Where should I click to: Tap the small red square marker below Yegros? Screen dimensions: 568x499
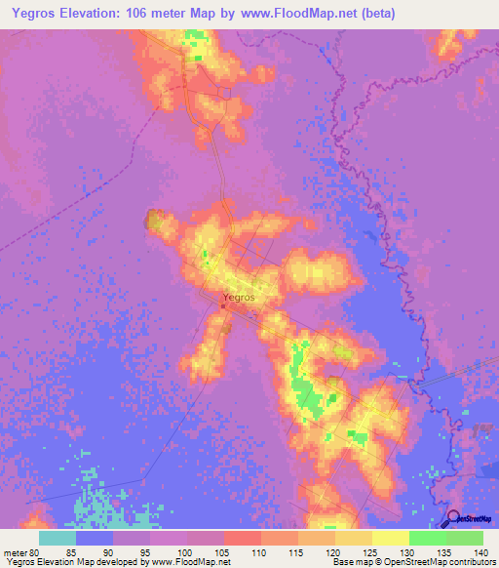point(222,309)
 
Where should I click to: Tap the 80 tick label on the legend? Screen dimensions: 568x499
point(37,551)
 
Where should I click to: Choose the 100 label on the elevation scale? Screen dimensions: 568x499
point(185,551)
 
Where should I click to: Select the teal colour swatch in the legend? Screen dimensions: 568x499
point(57,538)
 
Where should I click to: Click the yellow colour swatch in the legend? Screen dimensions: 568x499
point(390,538)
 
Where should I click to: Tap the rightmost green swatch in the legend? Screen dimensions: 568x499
point(464,538)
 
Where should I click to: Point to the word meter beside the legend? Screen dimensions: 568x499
point(16,551)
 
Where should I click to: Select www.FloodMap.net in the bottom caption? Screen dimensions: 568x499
point(184,562)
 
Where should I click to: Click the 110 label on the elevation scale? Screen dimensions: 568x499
point(259,551)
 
